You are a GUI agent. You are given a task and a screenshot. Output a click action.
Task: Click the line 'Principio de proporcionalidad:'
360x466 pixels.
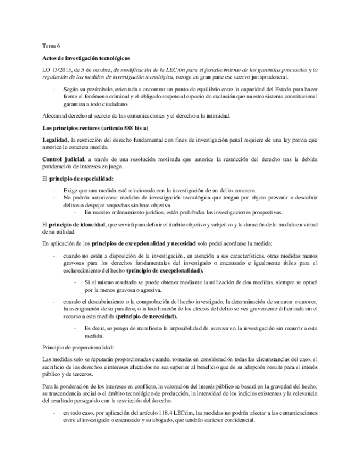(79, 347)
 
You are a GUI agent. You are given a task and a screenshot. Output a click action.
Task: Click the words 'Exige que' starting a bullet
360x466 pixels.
(75, 190)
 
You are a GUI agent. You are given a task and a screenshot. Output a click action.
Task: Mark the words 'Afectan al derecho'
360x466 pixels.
(65, 115)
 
